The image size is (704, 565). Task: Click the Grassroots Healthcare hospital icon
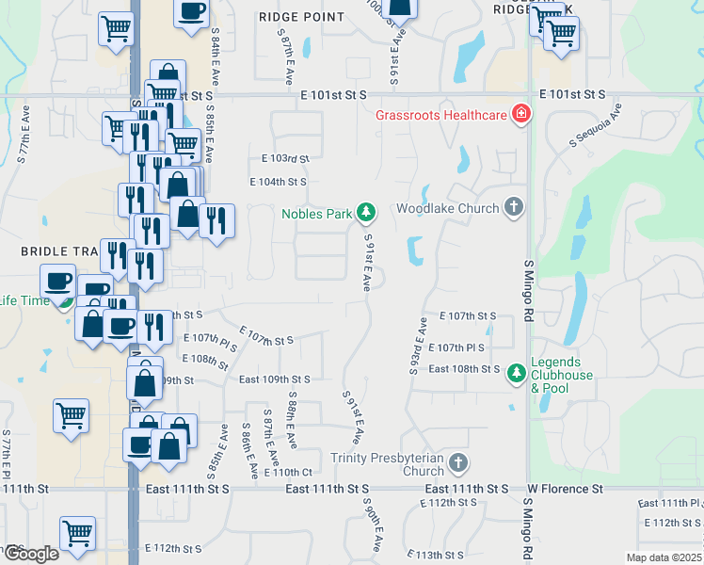coord(520,116)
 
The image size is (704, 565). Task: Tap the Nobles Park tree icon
coord(365,214)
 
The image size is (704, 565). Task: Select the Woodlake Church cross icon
coord(513,207)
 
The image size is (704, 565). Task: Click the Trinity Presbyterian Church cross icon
coord(457,463)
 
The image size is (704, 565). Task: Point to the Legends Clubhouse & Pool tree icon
coord(517,375)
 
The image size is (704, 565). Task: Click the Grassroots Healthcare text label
coord(440,116)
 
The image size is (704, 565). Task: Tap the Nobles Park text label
coord(316,214)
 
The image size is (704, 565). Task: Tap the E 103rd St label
coord(279,159)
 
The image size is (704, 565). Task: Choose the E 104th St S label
coord(278,182)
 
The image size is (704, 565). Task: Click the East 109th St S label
coord(274,379)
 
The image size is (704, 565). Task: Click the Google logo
coord(30,554)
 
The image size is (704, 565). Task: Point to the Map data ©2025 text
coord(664,557)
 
